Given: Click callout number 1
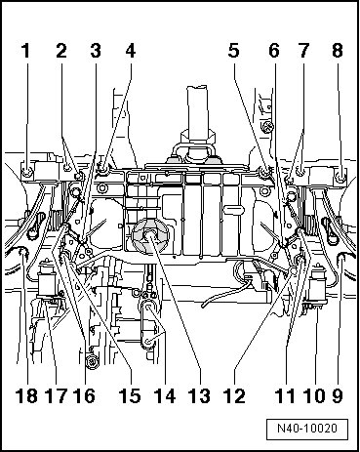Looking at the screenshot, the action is [25, 51].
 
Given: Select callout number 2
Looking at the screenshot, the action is [61, 51].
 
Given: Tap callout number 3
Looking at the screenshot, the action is [96, 51].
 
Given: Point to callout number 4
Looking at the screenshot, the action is [131, 51].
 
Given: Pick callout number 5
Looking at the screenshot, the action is [234, 51].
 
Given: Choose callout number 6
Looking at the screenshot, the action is [274, 51].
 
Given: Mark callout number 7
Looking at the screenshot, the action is [303, 51].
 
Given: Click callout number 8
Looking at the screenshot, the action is [338, 51].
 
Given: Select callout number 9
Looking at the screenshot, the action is [338, 396].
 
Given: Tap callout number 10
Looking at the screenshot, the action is [314, 396].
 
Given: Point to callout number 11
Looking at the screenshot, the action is [285, 396].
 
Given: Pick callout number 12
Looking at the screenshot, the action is [234, 396].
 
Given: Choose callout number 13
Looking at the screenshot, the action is [199, 396].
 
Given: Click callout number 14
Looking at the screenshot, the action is [165, 396].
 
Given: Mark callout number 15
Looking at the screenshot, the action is [130, 396].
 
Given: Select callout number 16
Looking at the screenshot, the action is [84, 396].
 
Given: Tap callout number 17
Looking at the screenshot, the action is [58, 396].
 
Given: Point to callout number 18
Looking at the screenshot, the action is [26, 396].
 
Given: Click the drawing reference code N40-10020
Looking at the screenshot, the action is [307, 429].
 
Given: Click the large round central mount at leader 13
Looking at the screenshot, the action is [151, 237].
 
